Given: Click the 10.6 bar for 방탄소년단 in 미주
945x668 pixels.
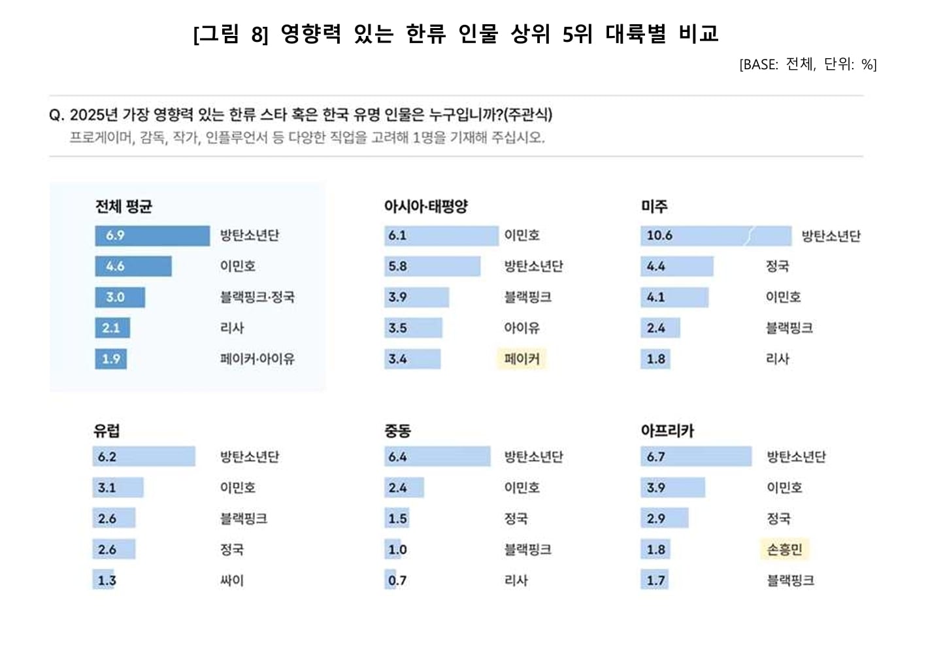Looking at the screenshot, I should (715, 235).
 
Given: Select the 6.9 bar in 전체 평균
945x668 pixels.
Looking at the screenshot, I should (152, 235).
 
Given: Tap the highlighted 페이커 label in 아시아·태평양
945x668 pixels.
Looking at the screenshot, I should (522, 359).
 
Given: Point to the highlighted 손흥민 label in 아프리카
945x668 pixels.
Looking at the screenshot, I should (784, 550).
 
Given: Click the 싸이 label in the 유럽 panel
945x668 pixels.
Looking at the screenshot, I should (232, 580).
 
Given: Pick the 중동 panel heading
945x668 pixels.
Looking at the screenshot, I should (397, 431).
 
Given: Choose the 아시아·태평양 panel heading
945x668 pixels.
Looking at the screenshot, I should (426, 207).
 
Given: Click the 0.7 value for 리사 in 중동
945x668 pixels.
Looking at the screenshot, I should (397, 580).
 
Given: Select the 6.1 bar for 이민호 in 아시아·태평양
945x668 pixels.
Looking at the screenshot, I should (441, 235).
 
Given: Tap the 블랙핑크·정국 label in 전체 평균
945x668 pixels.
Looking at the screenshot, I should (257, 297).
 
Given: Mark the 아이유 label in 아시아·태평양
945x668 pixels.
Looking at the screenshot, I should (522, 328).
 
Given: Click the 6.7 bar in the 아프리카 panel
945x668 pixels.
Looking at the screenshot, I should (696, 457).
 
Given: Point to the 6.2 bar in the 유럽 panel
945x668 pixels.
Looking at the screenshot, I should (144, 457).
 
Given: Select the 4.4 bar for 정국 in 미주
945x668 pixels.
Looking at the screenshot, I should (676, 267).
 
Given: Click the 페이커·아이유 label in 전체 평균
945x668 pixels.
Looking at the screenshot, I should (257, 359).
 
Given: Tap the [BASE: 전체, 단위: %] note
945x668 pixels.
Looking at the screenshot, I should (808, 64).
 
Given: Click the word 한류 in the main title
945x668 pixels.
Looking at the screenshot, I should (425, 33).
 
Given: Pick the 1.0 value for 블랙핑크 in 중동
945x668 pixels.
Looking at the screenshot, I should (397, 550).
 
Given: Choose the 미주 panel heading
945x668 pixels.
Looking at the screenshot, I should (654, 207).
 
